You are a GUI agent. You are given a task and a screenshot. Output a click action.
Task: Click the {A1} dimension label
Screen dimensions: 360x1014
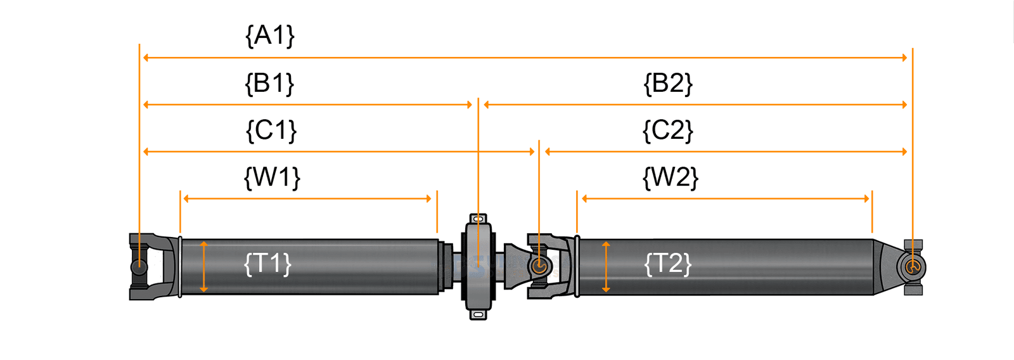pos(270,35)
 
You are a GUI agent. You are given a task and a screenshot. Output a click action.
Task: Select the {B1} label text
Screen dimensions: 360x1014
pos(269,83)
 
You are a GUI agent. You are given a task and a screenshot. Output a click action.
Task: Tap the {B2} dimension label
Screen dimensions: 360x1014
pos(668,83)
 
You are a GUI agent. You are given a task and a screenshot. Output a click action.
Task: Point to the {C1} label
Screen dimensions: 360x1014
pos(271,130)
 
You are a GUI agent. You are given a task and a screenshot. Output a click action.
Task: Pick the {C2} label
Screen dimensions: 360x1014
pos(668,130)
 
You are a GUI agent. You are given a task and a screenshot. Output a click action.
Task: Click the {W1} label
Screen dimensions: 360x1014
pos(272,177)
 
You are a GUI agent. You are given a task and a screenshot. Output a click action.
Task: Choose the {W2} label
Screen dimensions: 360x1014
pos(670,177)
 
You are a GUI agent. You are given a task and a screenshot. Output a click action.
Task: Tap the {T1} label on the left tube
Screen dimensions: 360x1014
pos(267,263)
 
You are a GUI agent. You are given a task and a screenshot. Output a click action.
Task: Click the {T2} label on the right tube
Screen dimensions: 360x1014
pos(667,263)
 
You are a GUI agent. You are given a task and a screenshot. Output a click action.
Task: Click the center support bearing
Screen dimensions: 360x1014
pos(478,267)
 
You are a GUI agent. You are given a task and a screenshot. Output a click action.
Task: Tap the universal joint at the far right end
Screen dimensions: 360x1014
pos(913,267)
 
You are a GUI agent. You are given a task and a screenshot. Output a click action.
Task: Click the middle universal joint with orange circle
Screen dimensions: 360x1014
pos(539,266)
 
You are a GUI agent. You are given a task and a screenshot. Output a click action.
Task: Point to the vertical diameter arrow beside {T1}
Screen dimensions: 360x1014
pos(203,267)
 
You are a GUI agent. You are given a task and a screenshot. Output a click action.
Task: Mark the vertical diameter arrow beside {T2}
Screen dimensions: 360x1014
pos(606,267)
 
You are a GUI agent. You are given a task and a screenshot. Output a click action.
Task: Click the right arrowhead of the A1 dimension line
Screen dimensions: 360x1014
pos(904,58)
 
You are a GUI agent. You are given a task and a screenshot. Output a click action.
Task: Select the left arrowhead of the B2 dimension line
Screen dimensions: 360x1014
pos(487,105)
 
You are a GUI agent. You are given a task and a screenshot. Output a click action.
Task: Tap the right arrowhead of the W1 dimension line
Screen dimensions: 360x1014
pos(428,198)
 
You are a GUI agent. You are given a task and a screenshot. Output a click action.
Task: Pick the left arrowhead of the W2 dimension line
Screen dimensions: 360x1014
pos(585,198)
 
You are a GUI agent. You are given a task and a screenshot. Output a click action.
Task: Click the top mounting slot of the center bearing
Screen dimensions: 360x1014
pos(478,219)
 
